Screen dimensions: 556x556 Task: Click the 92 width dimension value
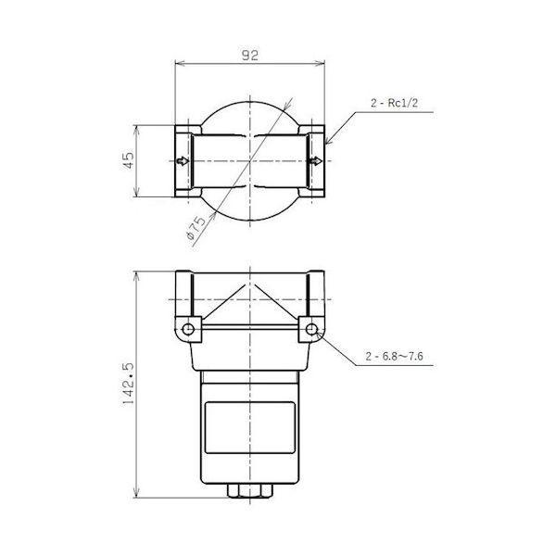pyautogui.click(x=250, y=56)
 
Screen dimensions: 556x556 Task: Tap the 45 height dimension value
pyautogui.click(x=129, y=160)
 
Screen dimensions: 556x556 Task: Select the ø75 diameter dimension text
pyautogui.click(x=196, y=227)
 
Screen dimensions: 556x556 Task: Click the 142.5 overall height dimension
pyautogui.click(x=128, y=384)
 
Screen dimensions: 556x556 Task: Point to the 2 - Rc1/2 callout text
pyautogui.click(x=395, y=103)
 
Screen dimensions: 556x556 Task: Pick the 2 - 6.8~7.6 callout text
pyautogui.click(x=395, y=356)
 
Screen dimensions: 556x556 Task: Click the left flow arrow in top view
pyautogui.click(x=183, y=161)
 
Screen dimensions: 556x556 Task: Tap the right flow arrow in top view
pyautogui.click(x=316, y=161)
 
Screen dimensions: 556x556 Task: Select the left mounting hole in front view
pyautogui.click(x=188, y=329)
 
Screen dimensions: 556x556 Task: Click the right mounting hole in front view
pyautogui.click(x=311, y=329)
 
